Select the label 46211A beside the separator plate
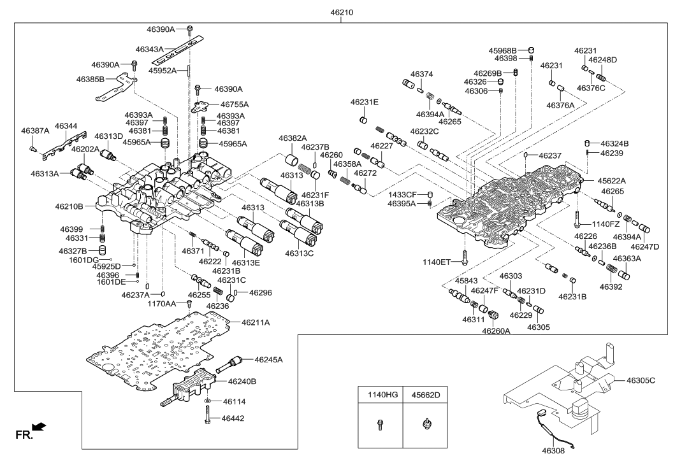(256, 323)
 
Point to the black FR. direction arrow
(40, 427)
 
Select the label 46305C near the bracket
(641, 381)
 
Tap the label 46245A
(268, 360)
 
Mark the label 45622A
(613, 181)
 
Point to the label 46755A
(235, 104)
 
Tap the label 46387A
(35, 131)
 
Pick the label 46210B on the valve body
(69, 207)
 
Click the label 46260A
(497, 331)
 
